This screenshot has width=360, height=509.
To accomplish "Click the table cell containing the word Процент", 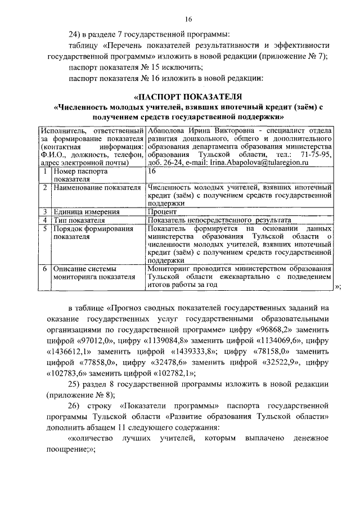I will pyautogui.click(x=161, y=212).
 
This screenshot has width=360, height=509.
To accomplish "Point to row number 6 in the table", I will pyautogui.click(x=44, y=269).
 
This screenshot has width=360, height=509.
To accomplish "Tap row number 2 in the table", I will pyautogui.click(x=44, y=187).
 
